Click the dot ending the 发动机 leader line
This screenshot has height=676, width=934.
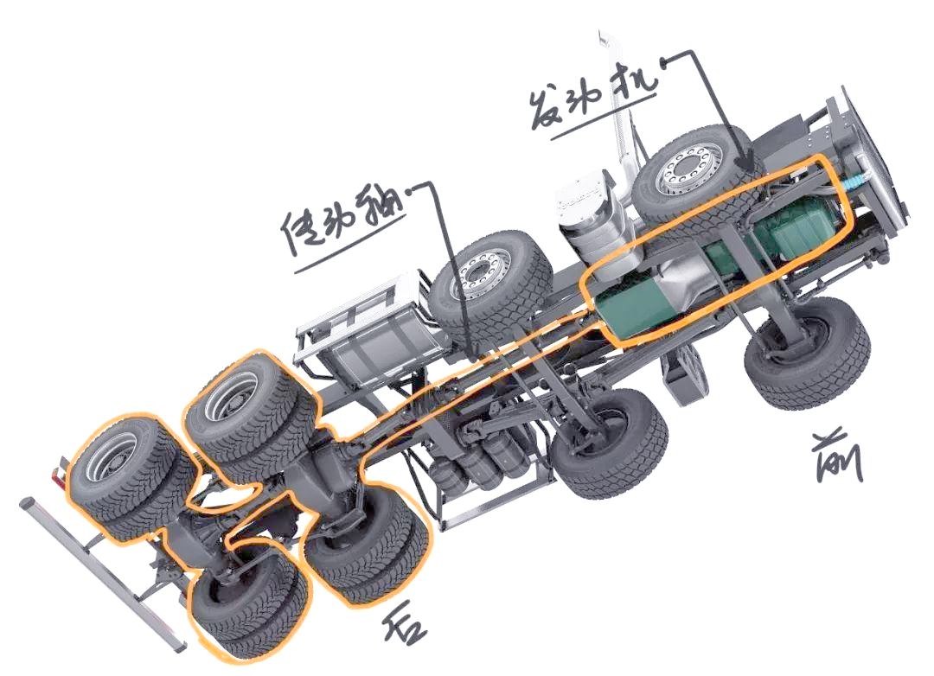(x=665, y=58)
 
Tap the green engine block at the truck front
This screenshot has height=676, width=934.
(x=798, y=227)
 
